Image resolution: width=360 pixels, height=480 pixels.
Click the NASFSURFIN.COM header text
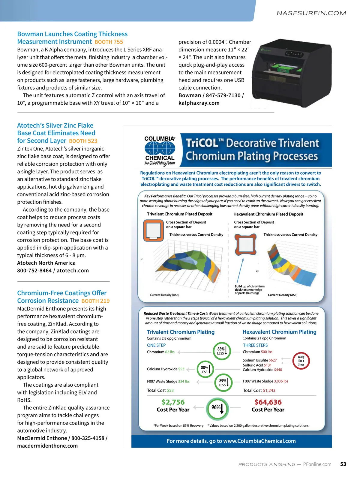(x=311, y=13)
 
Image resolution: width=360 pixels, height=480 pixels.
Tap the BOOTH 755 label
(x=109, y=42)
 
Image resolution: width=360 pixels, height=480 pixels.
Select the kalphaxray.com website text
(x=199, y=103)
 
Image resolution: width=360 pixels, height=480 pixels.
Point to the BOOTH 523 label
(x=83, y=141)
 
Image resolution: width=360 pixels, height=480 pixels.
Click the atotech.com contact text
(x=73, y=271)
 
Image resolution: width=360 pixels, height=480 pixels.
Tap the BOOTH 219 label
(x=95, y=301)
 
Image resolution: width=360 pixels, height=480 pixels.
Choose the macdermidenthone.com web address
(x=47, y=446)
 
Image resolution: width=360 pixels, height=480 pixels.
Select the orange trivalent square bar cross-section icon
(x=153, y=230)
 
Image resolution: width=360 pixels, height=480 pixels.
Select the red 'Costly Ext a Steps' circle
(x=301, y=361)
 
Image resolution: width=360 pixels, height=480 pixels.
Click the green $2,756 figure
(x=173, y=402)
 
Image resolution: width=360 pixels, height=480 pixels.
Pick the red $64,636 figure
(x=268, y=402)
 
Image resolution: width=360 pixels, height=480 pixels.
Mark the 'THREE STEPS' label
(x=255, y=345)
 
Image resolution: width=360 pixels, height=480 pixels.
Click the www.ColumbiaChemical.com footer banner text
(x=231, y=441)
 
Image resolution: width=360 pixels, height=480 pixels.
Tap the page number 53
(x=343, y=464)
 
